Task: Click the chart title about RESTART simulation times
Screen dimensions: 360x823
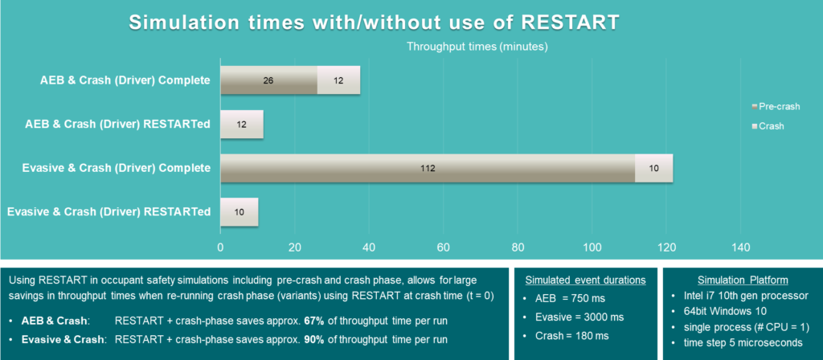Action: coord(374,22)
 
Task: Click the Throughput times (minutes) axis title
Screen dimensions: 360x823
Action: coord(477,47)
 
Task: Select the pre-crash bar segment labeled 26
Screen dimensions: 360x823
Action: coord(268,80)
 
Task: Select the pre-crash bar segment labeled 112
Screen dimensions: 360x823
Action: coord(427,168)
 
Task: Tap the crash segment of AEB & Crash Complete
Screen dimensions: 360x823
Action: coord(338,80)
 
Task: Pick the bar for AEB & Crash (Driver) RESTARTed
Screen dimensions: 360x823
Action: coord(242,125)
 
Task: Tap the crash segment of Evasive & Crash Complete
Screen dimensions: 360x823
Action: coord(653,168)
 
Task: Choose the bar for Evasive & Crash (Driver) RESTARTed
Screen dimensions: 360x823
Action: coord(240,212)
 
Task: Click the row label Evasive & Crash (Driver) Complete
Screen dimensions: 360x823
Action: coord(109,168)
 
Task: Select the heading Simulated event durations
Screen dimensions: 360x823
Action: coord(584,280)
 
